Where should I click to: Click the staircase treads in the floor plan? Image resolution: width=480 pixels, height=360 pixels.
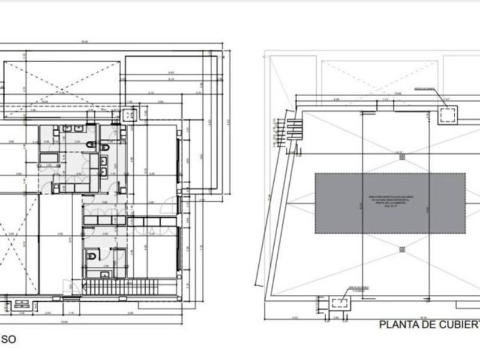point(131,287)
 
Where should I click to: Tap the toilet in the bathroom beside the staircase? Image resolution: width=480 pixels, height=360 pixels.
point(91,257)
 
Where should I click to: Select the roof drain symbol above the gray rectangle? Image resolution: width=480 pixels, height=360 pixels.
point(401,155)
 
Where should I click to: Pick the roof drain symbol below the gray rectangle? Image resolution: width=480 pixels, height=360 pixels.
point(402,249)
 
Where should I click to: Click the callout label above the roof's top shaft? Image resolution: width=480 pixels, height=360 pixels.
point(425,90)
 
